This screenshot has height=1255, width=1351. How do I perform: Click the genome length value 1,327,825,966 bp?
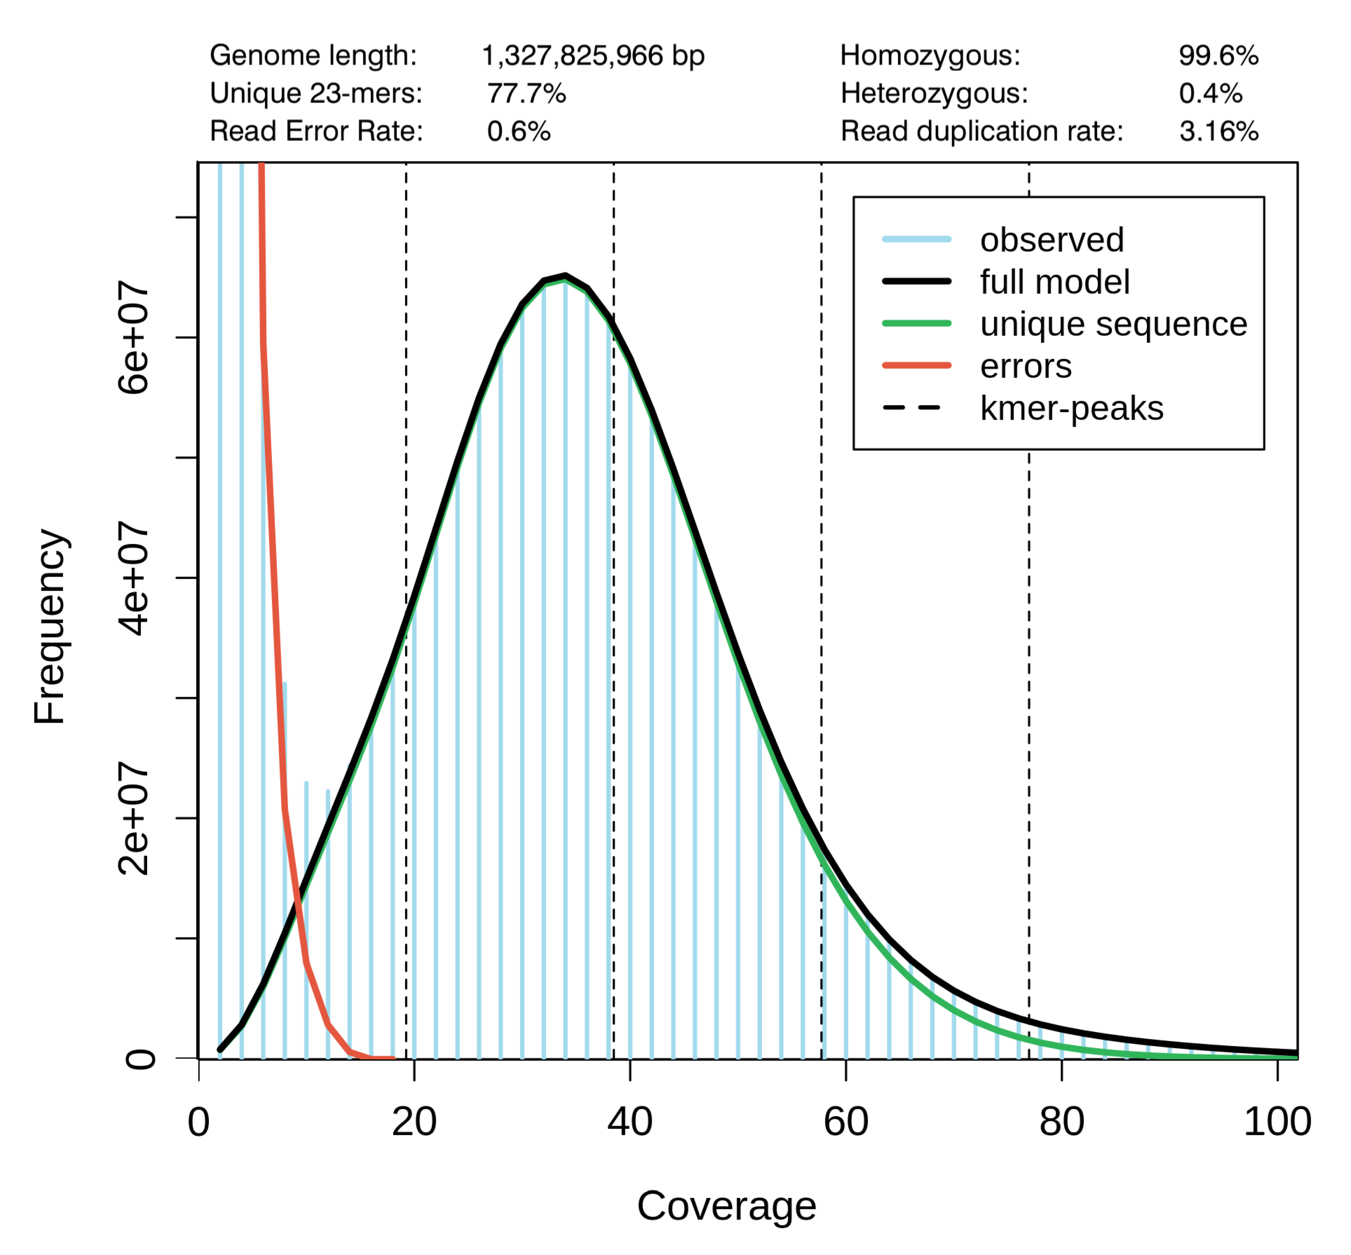coord(593,56)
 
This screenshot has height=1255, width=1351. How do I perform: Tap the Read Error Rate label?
coord(316,131)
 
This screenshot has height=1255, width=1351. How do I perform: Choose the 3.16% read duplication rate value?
coord(1219,131)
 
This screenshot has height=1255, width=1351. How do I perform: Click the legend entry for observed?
coord(1051,240)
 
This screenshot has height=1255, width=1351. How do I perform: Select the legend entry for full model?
coord(1055,282)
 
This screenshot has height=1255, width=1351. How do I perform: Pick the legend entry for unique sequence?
coord(1113,324)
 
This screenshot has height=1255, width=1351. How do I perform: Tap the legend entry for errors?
coord(1026,366)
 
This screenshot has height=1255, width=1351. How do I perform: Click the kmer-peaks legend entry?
coord(1071,408)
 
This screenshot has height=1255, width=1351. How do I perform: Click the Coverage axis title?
coord(726,1206)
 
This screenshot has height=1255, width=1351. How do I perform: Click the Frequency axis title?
coord(50,626)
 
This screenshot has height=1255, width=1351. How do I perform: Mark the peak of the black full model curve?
coord(565,276)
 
